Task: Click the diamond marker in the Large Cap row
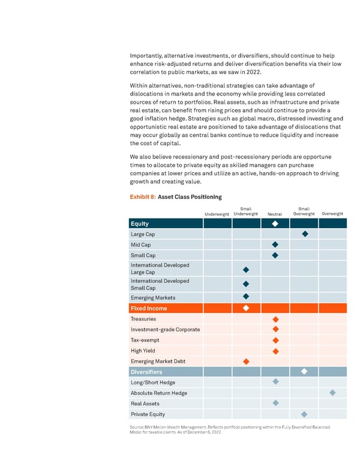point(304,234)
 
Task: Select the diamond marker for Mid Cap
point(275,245)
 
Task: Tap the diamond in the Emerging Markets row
point(246,297)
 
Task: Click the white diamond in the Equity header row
point(275,224)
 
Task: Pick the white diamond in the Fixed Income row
point(246,308)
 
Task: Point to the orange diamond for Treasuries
point(275,319)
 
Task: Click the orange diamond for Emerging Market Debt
point(246,362)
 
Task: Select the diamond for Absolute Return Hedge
point(333,393)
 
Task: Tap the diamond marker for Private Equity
point(304,414)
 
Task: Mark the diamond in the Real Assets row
point(275,403)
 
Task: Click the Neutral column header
point(275,214)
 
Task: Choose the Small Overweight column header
point(304,211)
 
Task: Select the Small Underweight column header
point(246,211)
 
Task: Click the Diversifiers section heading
point(147,372)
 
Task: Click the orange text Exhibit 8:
point(142,197)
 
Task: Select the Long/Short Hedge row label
point(153,383)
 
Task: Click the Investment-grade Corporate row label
point(166,329)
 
